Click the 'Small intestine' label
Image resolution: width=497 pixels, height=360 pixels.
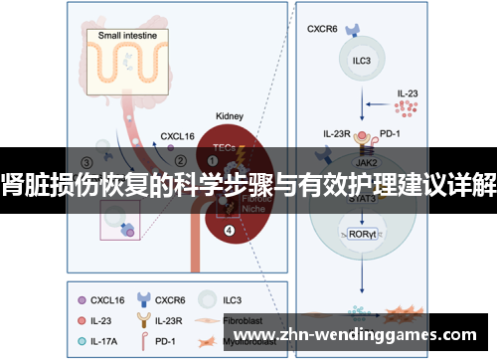click(x=133, y=37)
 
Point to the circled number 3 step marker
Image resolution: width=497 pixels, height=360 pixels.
click(x=87, y=162)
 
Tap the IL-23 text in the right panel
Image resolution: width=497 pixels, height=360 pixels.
click(x=408, y=91)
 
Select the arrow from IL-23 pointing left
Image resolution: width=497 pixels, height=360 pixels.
click(x=377, y=101)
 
